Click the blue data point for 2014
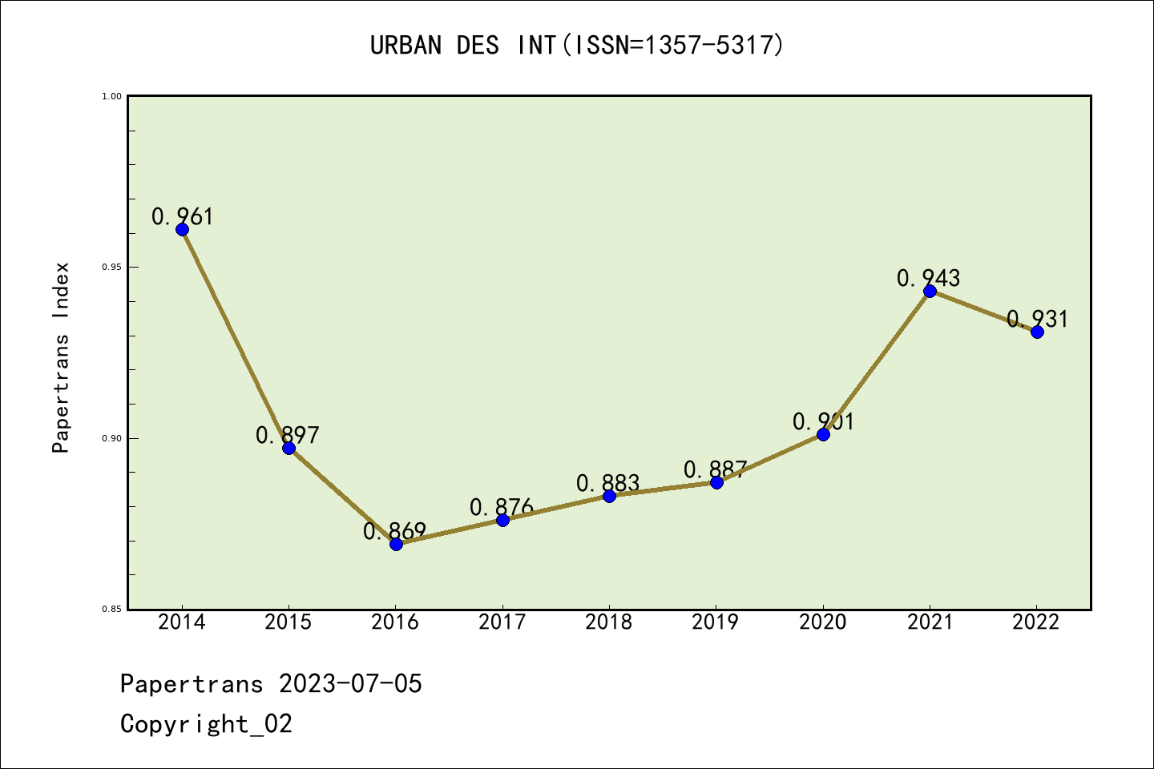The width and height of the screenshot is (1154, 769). pos(182,229)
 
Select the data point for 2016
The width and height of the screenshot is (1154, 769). pos(396,544)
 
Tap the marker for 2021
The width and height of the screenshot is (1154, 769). pos(930,291)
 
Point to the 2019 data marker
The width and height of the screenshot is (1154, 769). pos(716,482)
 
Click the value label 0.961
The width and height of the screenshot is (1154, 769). pos(183,216)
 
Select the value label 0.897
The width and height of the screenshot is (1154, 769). pos(288,435)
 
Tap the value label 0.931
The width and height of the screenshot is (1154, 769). pos(1038,319)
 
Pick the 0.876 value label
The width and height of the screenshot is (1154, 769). pos(502,507)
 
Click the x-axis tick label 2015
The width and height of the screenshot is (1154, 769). pos(288,622)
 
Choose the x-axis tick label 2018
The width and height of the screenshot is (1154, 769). pos(609,622)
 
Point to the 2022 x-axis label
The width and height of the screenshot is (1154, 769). pos(1036,622)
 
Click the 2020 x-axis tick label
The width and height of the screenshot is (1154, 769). pos(823,622)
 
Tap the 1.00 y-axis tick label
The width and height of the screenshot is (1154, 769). pos(111,96)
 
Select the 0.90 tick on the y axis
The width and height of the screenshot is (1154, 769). pos(111,438)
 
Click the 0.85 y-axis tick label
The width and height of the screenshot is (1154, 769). pos(111,610)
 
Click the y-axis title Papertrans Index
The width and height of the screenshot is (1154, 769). pos(61,357)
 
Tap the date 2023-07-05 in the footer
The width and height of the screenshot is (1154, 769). pos(350,684)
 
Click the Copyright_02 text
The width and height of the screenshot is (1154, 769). pos(207,724)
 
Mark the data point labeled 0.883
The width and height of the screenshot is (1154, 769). pos(609,496)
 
